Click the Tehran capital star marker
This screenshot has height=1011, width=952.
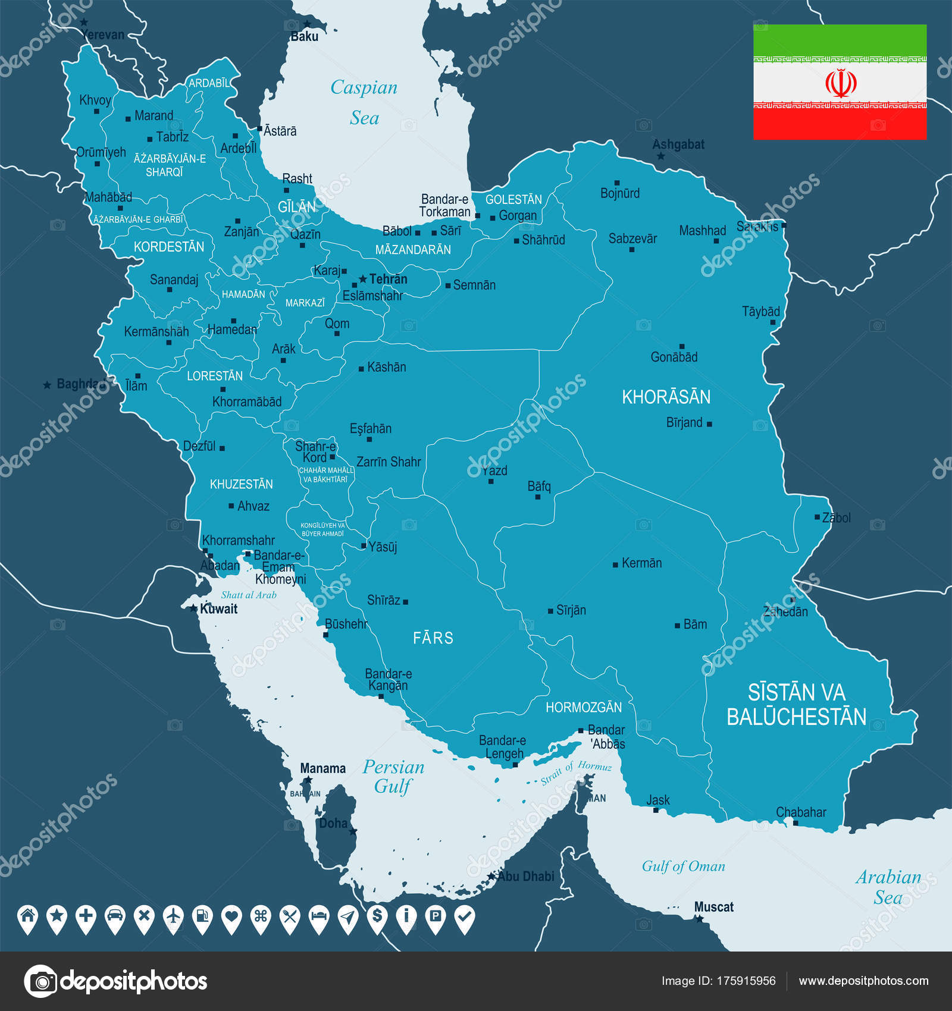[x=362, y=279]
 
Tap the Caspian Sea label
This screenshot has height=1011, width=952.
[x=364, y=102]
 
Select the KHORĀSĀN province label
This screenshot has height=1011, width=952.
[x=666, y=397]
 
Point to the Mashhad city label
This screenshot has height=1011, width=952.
[x=702, y=230]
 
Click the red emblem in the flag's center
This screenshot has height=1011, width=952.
[x=840, y=83]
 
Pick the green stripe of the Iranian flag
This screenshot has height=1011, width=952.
[x=840, y=40]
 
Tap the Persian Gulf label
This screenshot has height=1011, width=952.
[x=393, y=777]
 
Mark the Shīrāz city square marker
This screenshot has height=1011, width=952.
[x=406, y=602]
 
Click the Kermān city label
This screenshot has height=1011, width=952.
[x=641, y=563]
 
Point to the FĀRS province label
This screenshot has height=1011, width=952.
[x=433, y=638]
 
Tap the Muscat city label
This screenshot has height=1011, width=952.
[x=713, y=907]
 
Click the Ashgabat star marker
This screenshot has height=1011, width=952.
[x=660, y=156]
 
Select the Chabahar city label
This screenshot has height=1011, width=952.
[x=801, y=812]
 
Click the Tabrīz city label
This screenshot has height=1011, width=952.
[x=173, y=137]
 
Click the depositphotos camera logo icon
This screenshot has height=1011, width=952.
[x=40, y=981]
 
